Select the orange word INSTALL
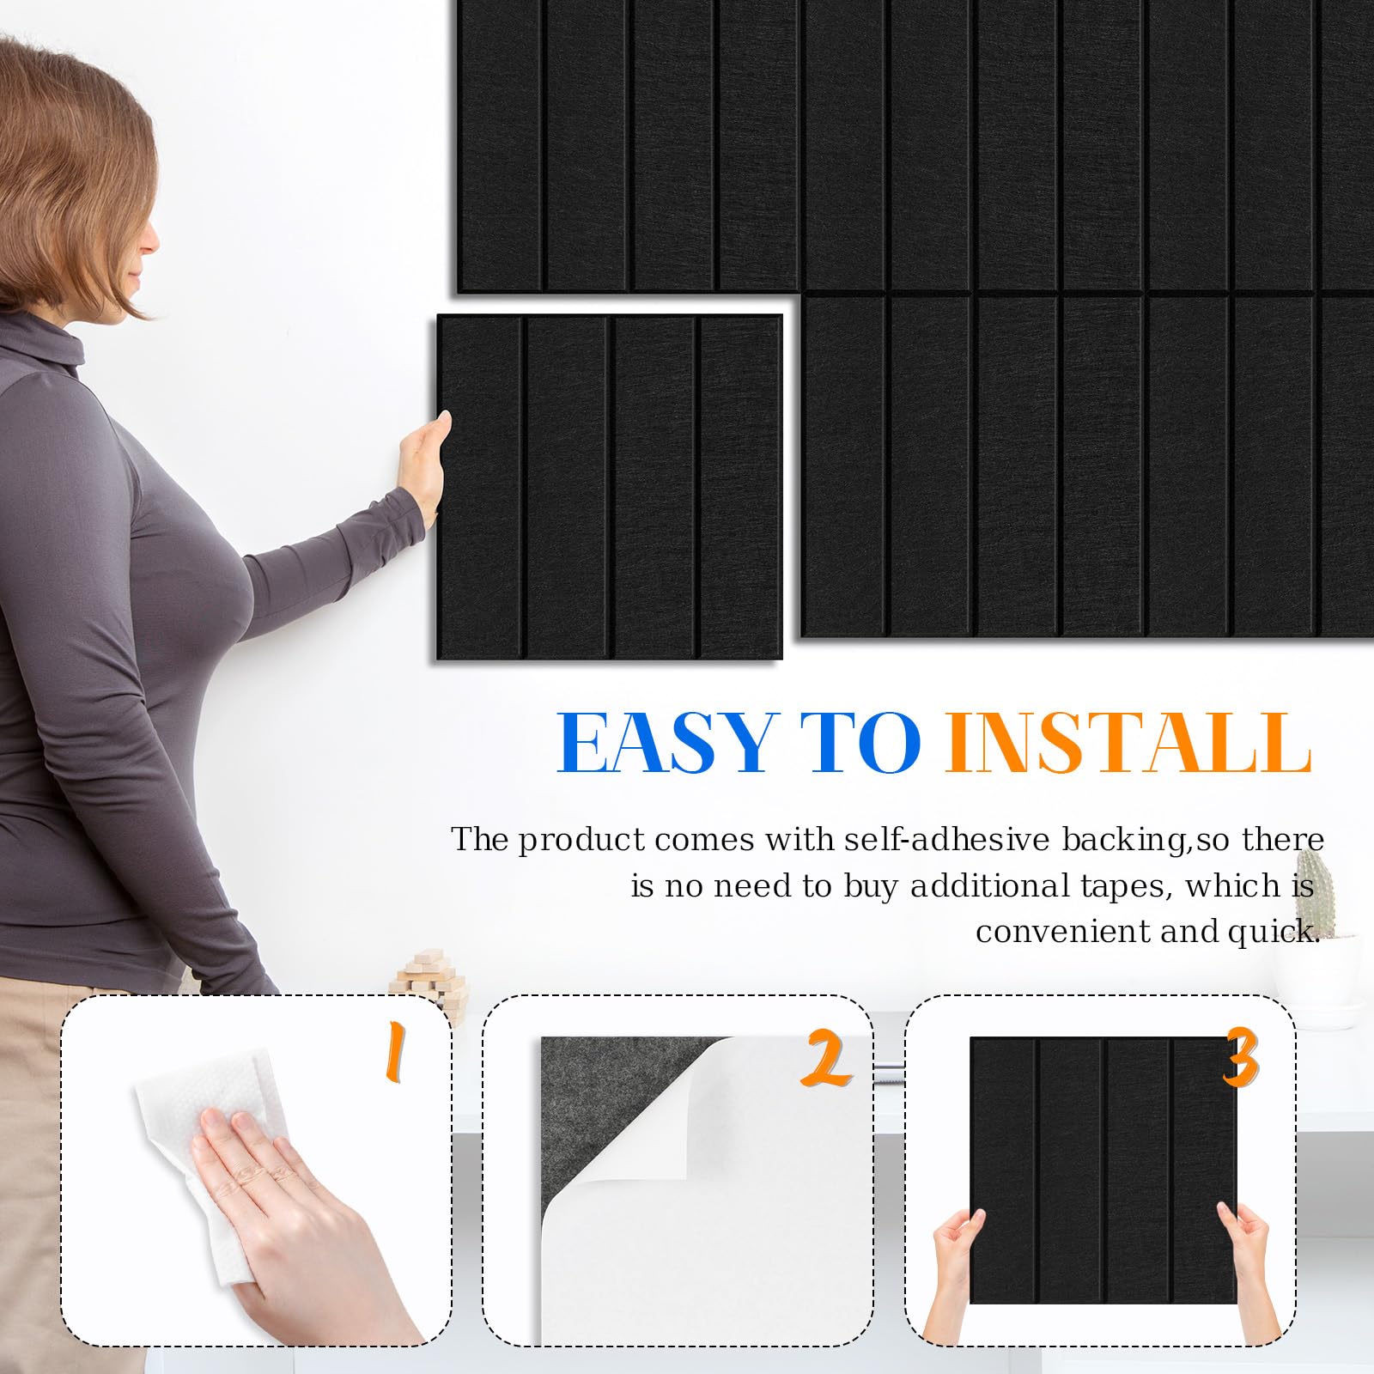click(1128, 744)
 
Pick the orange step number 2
click(826, 1060)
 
